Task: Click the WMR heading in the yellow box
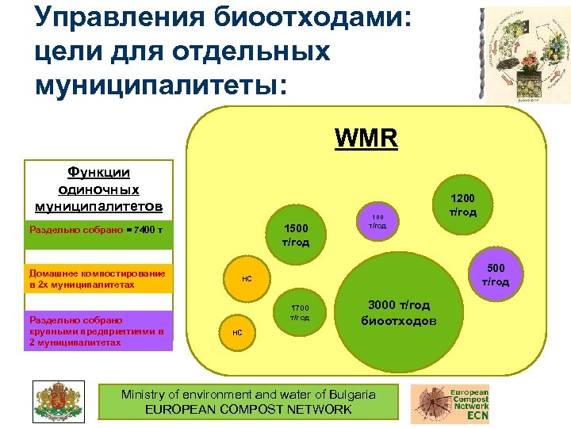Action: [366, 139]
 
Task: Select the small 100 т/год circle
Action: [378, 221]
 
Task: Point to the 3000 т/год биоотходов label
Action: [398, 313]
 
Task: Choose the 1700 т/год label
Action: [299, 312]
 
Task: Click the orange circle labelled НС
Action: [247, 279]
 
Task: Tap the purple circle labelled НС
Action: [237, 332]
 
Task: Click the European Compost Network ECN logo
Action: [450, 402]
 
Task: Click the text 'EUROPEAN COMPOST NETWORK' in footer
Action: [248, 410]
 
